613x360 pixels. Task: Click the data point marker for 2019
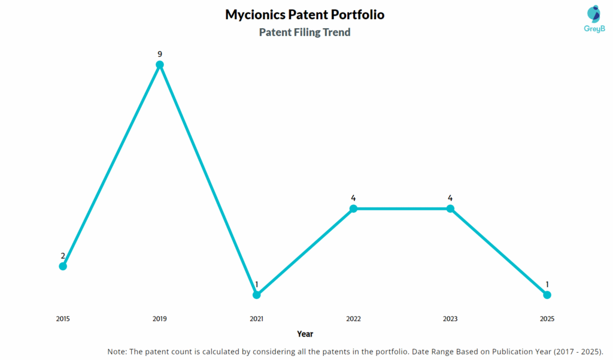(160, 65)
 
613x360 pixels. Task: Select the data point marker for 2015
(63, 266)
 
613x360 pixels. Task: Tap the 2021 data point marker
(257, 295)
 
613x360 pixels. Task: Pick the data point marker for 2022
(353, 208)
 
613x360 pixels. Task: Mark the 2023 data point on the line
(450, 208)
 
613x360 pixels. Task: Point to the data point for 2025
(547, 295)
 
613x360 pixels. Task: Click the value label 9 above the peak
(160, 54)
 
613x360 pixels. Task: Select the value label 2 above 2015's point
(63, 256)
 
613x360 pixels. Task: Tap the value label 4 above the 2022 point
(353, 198)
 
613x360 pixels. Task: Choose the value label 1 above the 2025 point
(547, 284)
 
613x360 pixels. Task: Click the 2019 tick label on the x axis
(160, 319)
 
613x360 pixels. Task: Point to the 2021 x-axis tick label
(257, 319)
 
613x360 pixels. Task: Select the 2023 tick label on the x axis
(450, 319)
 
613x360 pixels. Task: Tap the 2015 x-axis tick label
(63, 319)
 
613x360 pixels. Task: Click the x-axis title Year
(305, 334)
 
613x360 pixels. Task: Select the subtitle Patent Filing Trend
(305, 32)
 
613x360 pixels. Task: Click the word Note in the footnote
(117, 351)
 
